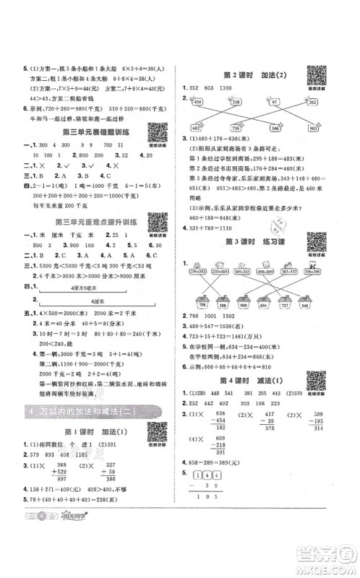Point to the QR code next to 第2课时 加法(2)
315,76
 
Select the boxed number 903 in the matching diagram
315,127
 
